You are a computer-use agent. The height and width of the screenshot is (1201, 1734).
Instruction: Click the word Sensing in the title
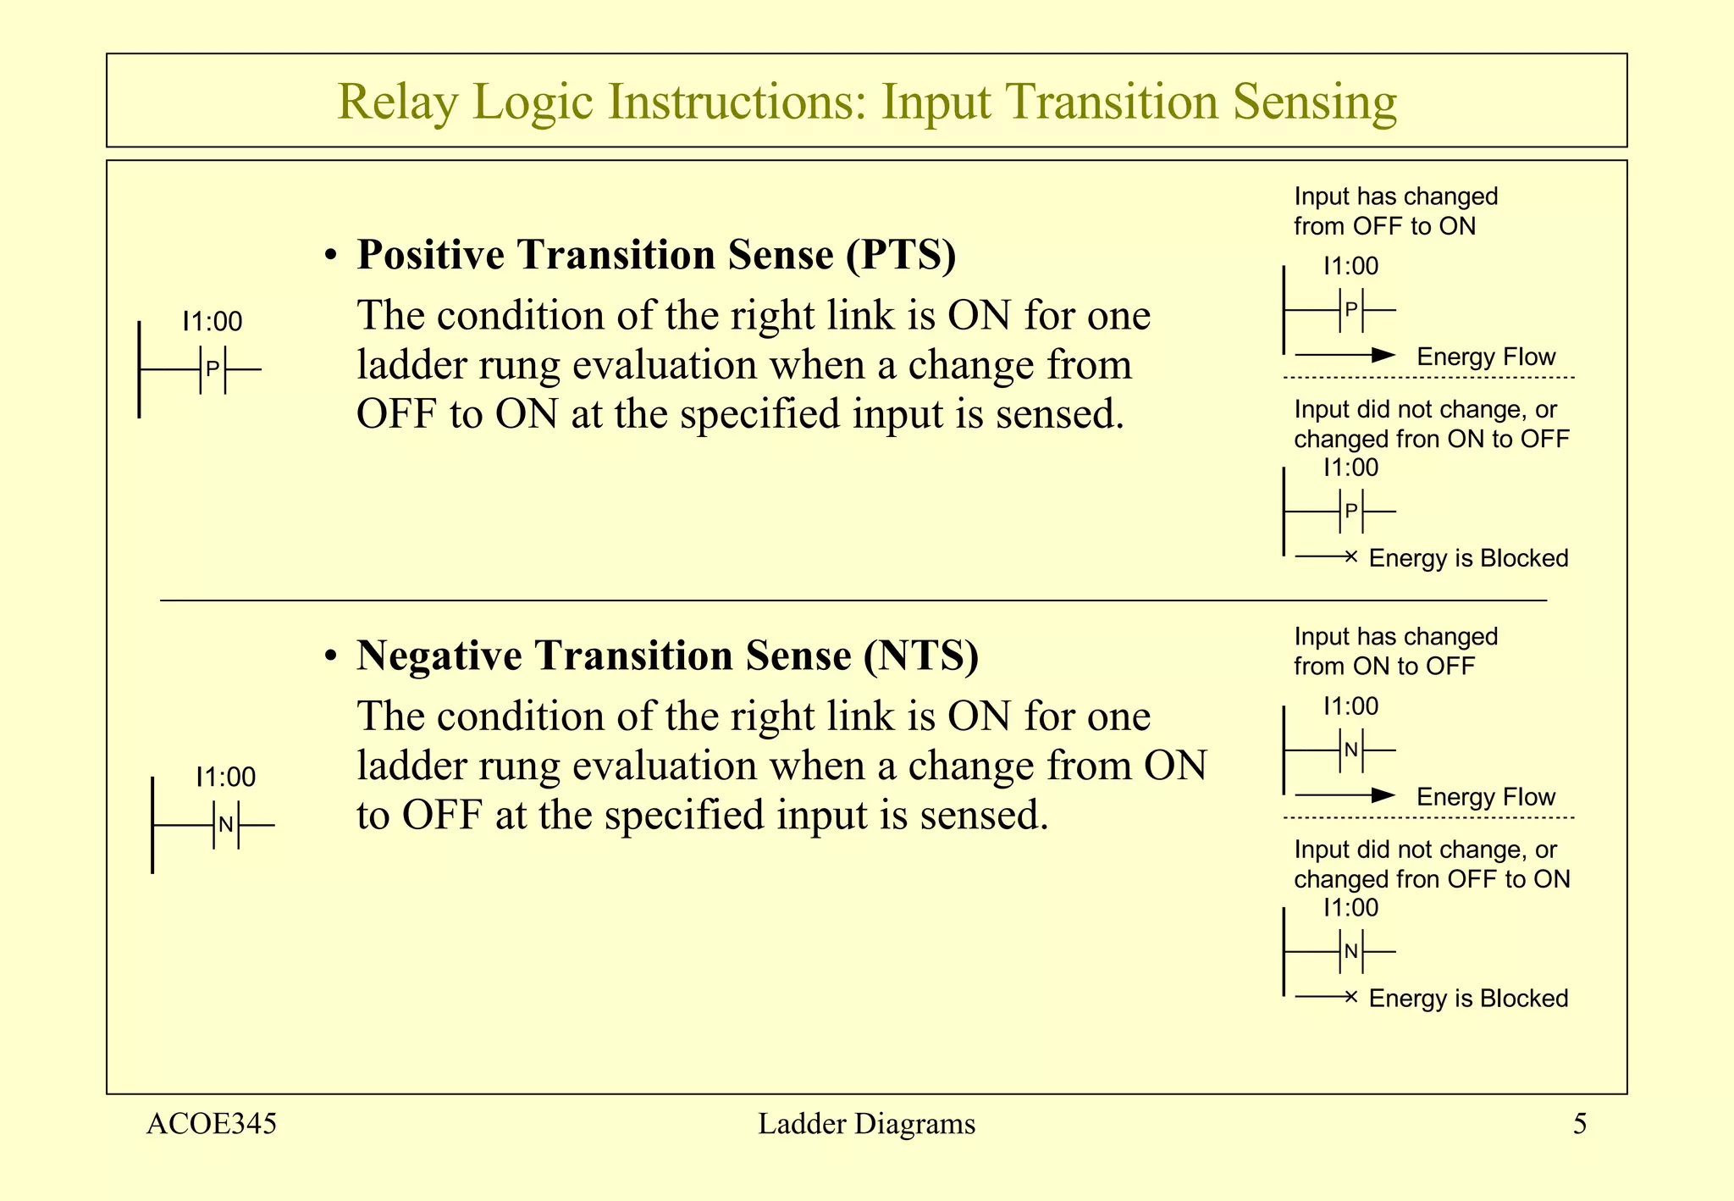coord(1314,102)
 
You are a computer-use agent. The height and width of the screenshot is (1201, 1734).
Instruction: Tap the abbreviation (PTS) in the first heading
coord(901,255)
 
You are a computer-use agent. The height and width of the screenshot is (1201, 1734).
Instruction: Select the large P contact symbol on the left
coord(213,369)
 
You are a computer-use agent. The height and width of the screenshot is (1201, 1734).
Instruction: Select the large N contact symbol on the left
coord(225,825)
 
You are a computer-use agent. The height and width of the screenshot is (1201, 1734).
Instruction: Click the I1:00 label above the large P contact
coord(213,322)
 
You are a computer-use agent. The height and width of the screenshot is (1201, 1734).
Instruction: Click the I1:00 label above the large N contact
coord(225,777)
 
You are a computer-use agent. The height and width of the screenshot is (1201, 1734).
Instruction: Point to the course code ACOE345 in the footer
coord(212,1124)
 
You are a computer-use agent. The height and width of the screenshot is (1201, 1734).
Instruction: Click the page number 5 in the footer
coord(1580,1124)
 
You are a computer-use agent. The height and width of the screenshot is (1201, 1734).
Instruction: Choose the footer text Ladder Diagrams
coord(866,1124)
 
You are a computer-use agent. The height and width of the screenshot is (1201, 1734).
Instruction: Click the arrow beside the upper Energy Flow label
coord(1345,355)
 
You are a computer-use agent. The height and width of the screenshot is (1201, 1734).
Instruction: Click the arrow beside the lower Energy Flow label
coord(1345,795)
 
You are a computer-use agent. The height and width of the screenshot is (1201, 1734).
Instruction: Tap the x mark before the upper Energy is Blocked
coord(1351,556)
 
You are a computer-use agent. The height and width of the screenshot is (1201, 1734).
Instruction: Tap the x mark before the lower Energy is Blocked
coord(1351,997)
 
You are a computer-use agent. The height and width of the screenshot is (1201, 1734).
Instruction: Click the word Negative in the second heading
coord(439,656)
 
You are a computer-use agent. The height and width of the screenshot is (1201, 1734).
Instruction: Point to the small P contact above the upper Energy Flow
coord(1351,310)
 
